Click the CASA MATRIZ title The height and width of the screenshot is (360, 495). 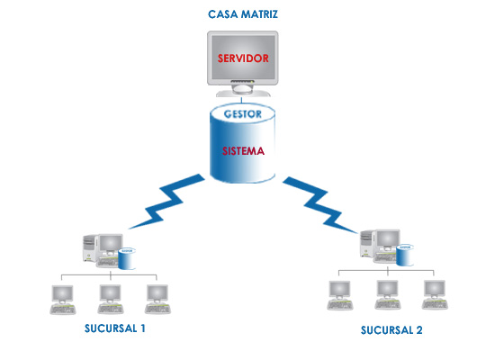(x=243, y=14)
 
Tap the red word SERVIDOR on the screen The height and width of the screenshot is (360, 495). (x=243, y=58)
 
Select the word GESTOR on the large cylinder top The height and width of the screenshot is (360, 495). (x=243, y=114)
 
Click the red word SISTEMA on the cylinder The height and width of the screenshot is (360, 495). (x=243, y=151)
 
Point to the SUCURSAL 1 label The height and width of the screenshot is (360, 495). (x=115, y=328)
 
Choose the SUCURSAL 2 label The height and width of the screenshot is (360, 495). (x=391, y=330)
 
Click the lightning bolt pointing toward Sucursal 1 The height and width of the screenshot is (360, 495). (x=166, y=202)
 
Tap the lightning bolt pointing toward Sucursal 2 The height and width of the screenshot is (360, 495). (x=320, y=205)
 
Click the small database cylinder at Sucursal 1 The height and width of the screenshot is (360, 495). (x=127, y=259)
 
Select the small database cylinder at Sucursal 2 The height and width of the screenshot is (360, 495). (x=405, y=255)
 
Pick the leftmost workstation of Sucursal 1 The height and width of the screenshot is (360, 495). (x=63, y=300)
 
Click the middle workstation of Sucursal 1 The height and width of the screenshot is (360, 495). (x=111, y=299)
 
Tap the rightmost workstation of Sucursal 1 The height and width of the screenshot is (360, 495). (x=157, y=299)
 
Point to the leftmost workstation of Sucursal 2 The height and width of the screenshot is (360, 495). (x=340, y=295)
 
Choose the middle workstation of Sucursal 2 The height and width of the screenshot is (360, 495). (x=388, y=294)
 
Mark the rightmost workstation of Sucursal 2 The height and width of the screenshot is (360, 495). (x=435, y=294)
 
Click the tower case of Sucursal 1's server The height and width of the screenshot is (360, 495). (x=90, y=248)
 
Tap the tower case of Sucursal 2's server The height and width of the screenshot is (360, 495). (x=368, y=244)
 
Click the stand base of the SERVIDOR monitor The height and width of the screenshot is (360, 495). (x=243, y=94)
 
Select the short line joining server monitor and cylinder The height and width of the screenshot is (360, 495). (x=242, y=101)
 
